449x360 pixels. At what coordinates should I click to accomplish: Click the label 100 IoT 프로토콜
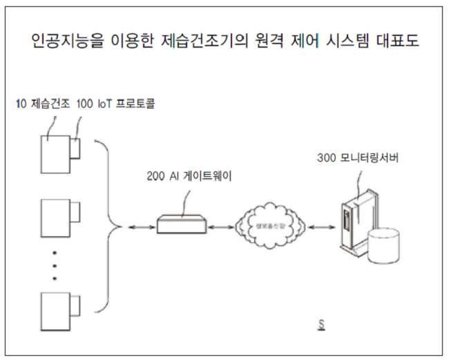click(116, 104)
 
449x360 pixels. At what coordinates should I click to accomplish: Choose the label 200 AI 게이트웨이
click(189, 176)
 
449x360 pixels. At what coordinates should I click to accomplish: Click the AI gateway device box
click(181, 223)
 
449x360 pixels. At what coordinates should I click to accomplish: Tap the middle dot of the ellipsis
click(55, 266)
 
